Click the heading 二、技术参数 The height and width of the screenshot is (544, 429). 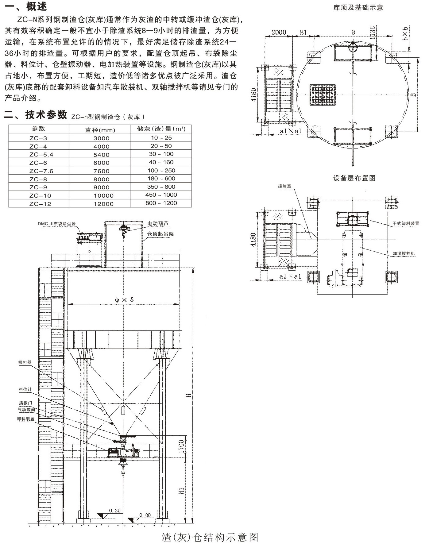click(36, 115)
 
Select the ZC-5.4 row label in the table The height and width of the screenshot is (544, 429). click(41, 155)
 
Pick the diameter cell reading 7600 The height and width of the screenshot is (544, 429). click(101, 171)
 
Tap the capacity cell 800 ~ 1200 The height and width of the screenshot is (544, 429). click(161, 203)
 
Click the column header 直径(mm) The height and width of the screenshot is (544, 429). click(100, 130)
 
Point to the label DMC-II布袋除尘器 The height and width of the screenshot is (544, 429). click(56, 224)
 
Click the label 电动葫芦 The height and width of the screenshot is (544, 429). click(158, 224)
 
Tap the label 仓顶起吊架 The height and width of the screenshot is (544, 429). click(160, 234)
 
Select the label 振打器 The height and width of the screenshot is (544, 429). click(25, 362)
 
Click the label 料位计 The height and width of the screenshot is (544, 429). click(25, 389)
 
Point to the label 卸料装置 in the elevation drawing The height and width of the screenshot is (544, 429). click(26, 419)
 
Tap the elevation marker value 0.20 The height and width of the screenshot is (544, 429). click(115, 511)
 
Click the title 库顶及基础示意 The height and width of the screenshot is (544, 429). click(358, 8)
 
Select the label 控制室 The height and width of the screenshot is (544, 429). click(284, 186)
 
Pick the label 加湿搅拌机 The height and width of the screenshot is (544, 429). click(404, 253)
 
